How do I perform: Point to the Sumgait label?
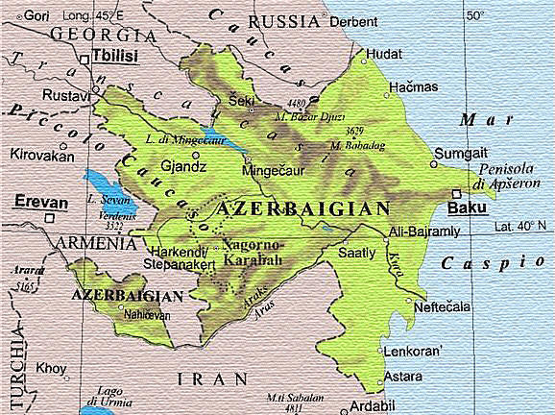pyautogui.click(x=457, y=153)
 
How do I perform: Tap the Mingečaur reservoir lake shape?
pyautogui.click(x=221, y=141)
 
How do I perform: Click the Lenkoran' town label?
pyautogui.click(x=412, y=352)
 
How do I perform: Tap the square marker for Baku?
pyautogui.click(x=454, y=193)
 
